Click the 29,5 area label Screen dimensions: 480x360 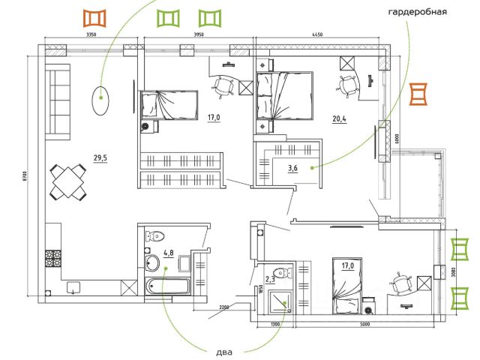pos(100,158)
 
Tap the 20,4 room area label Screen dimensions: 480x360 pos(341,118)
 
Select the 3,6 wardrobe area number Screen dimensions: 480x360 pos(292,168)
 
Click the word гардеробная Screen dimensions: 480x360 pos(418,13)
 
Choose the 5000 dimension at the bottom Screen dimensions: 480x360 pos(365,324)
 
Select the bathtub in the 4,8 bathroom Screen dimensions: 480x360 pos(169,286)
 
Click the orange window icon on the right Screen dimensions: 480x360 pos(418,94)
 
